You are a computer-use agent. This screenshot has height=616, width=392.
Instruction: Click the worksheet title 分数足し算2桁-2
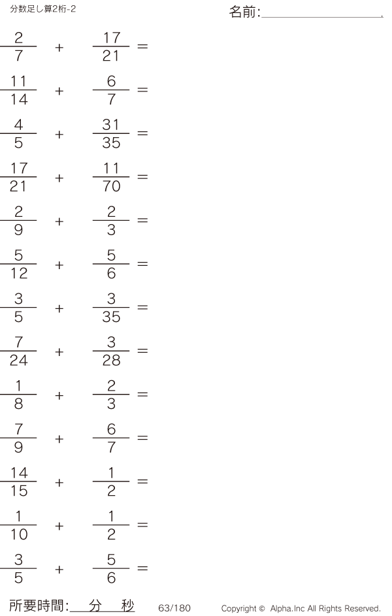pos(43,8)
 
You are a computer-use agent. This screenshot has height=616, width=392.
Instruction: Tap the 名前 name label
pos(244,12)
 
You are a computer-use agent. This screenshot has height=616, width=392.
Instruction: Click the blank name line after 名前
pos(321,16)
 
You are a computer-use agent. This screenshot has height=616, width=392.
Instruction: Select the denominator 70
pos(111,187)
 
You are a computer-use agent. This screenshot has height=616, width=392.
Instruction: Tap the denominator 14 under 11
pos(18,100)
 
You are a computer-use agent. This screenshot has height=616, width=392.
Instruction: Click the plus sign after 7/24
pos(59,352)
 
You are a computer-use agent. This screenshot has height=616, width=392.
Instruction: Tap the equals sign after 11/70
pos(142,177)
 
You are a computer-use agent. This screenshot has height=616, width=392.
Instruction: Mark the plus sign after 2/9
pos(59,221)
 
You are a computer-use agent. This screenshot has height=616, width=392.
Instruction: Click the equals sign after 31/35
pos(142,133)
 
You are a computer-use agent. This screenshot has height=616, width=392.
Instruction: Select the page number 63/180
pos(174,608)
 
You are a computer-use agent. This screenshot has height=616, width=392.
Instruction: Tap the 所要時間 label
pos(37,606)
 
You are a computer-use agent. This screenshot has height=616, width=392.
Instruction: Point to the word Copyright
pos(239,608)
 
